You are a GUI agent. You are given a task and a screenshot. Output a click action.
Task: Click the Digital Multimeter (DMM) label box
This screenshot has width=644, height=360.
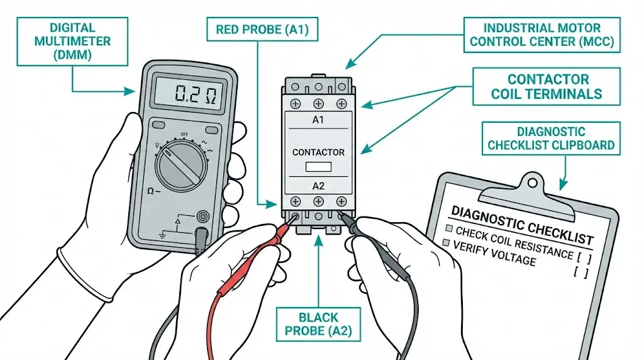tap(73, 41)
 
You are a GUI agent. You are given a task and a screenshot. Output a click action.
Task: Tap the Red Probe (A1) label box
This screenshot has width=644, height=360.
tap(263, 29)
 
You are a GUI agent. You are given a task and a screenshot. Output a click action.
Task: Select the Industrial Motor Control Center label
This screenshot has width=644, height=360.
tap(542, 35)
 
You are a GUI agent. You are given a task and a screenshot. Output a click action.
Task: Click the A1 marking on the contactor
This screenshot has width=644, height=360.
tap(318, 120)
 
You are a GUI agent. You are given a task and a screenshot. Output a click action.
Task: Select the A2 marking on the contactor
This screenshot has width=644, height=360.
tap(318, 186)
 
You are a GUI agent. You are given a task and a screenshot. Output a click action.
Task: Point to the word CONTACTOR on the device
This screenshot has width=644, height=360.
tap(318, 152)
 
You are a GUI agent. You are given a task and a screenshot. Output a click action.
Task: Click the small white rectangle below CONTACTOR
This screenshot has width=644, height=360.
tap(318, 167)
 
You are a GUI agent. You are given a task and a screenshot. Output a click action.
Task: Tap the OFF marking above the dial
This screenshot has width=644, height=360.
tap(184, 135)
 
